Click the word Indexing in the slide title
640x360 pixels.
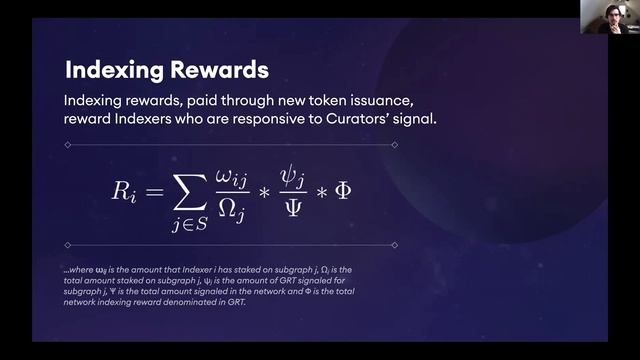pyautogui.click(x=112, y=70)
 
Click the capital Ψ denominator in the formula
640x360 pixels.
pyautogui.click(x=292, y=208)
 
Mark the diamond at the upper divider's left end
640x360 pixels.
pyautogui.click(x=67, y=145)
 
